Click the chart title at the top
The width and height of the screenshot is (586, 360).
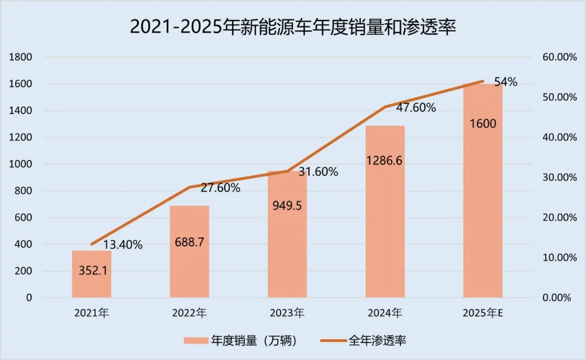292,26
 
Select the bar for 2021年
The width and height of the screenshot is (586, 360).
92,274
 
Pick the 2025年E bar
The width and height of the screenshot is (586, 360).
482,190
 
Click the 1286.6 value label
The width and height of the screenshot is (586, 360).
384,161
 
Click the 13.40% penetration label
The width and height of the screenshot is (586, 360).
123,245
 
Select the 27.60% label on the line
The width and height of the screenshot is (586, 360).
220,188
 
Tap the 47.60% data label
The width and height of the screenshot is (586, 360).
416,108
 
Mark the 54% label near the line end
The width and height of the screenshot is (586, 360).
506,82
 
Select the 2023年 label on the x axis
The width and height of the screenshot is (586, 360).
287,313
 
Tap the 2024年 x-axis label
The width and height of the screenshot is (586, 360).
385,313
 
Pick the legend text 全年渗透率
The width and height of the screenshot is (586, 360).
377,341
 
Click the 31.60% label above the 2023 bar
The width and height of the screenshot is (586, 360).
318,172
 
